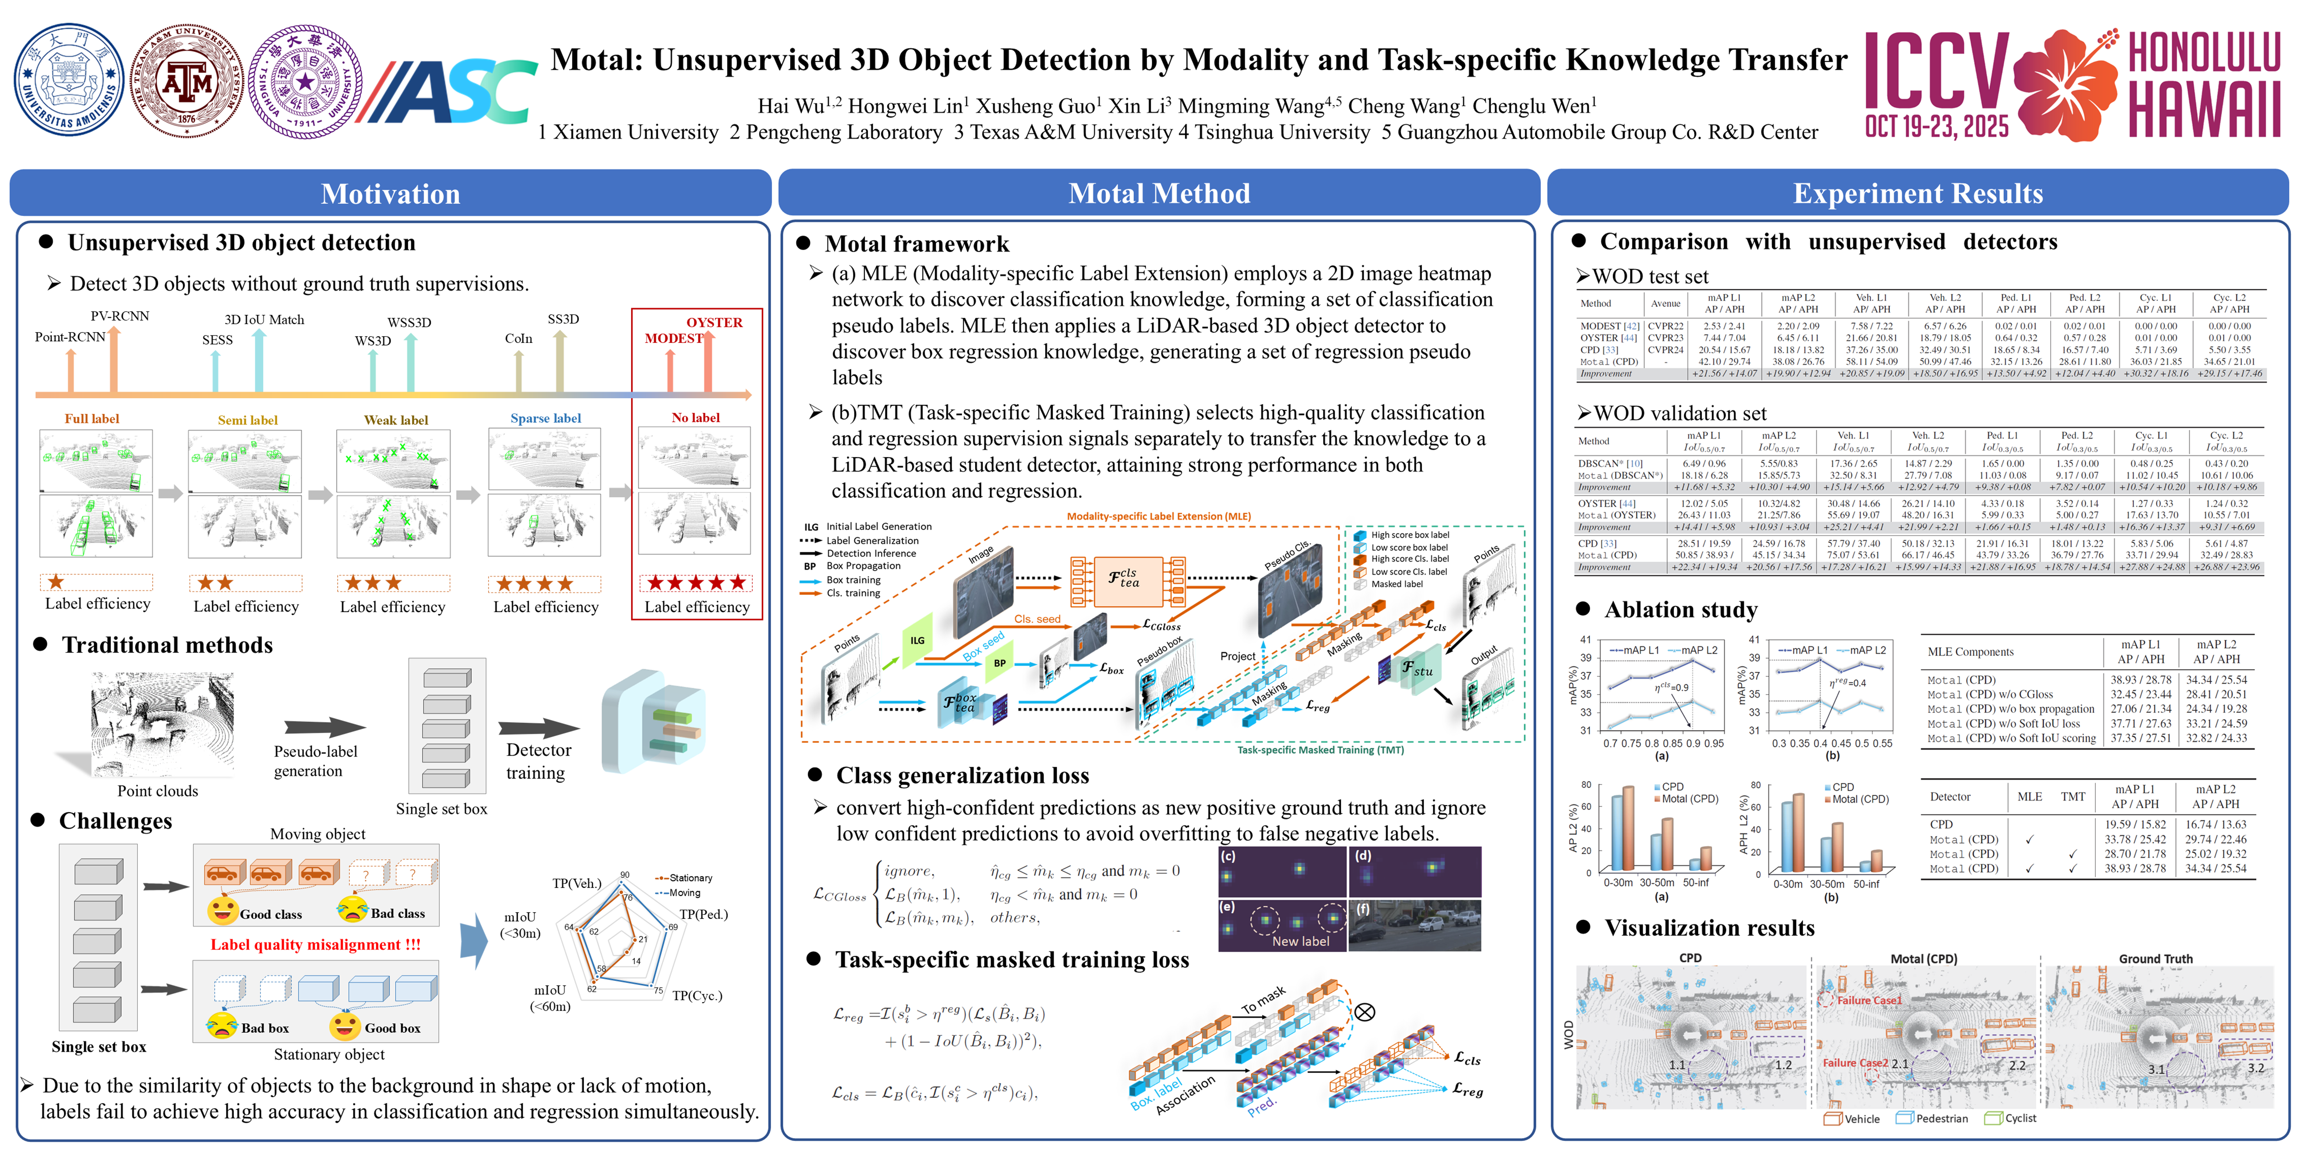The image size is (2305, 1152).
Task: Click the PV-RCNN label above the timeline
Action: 120,316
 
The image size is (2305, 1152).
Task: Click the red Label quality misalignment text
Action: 315,945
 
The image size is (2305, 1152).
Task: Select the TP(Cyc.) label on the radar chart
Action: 697,995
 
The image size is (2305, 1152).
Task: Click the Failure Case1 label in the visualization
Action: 1868,1000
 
